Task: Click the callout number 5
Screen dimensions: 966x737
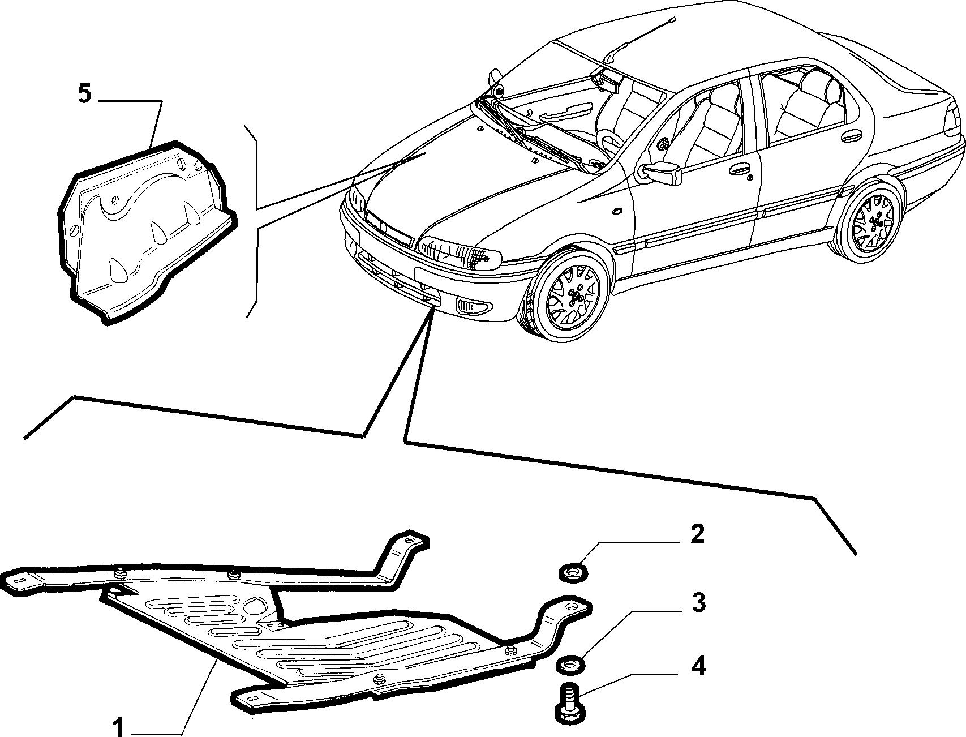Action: pyautogui.click(x=84, y=94)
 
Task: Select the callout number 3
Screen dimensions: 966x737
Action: pyautogui.click(x=698, y=603)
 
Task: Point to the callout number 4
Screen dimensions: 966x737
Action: pyautogui.click(x=698, y=667)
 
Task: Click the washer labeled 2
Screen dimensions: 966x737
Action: pyautogui.click(x=573, y=572)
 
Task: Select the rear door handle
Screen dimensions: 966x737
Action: pyautogui.click(x=851, y=138)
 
